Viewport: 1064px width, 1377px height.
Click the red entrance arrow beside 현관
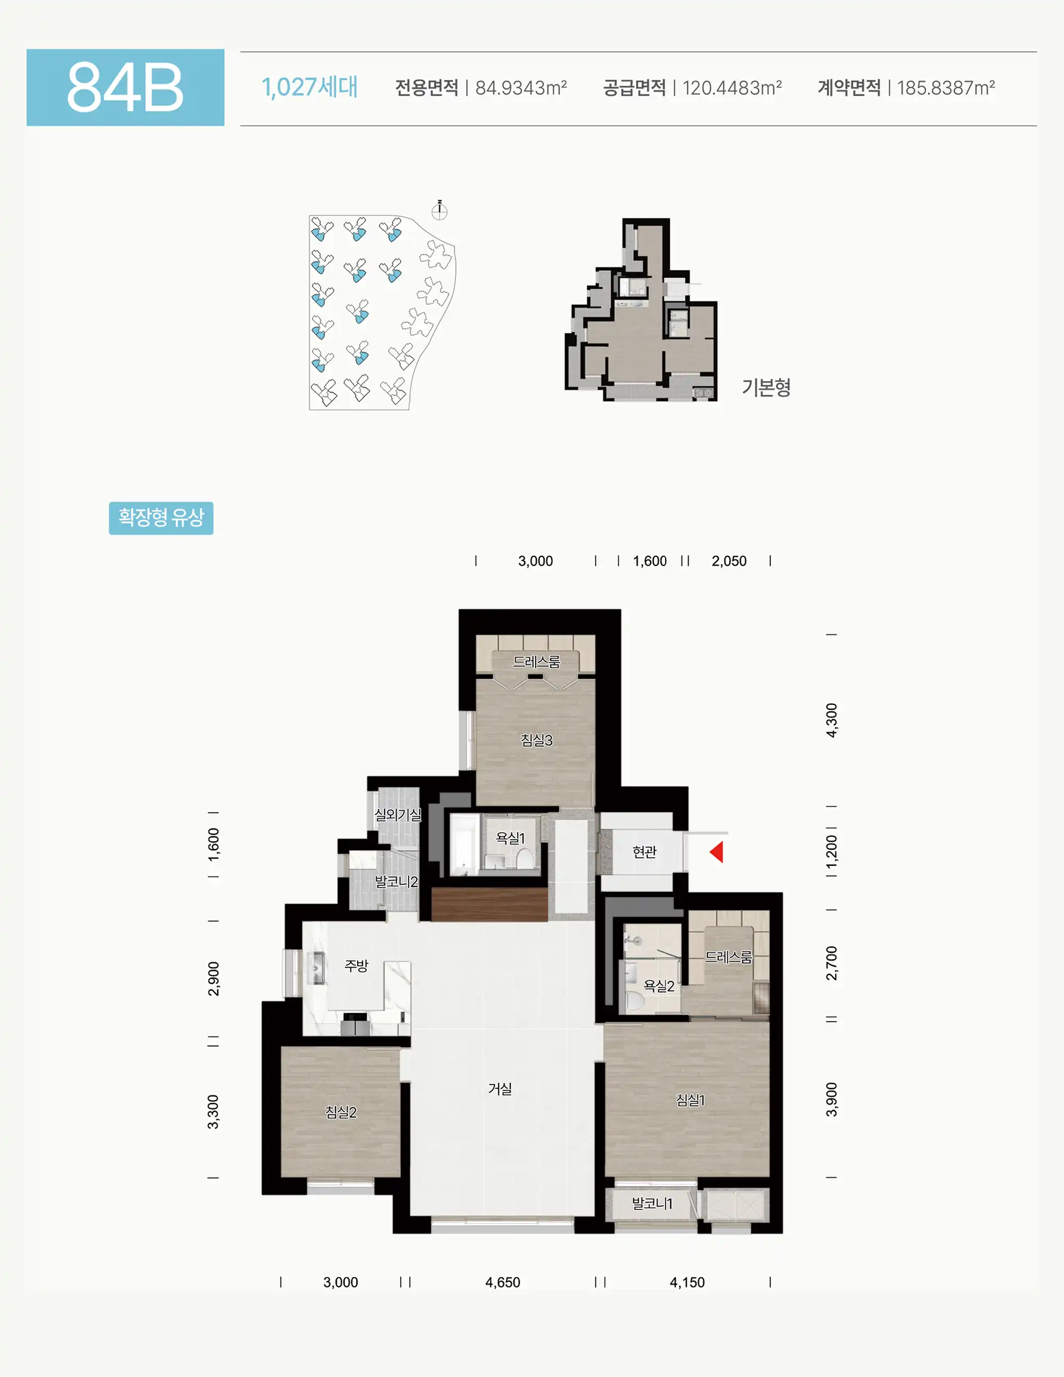(x=717, y=852)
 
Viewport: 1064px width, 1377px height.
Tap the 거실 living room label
(x=500, y=1088)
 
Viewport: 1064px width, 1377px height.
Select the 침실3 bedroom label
(x=536, y=740)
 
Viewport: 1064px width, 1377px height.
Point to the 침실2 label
(x=341, y=1112)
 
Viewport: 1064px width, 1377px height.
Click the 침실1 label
(x=690, y=1100)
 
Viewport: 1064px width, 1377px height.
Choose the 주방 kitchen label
(x=356, y=965)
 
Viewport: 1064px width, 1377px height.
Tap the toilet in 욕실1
(x=524, y=858)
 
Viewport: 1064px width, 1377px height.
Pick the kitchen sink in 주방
(x=317, y=968)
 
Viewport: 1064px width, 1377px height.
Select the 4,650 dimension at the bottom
(x=502, y=1282)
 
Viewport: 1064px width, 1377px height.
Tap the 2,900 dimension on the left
(x=214, y=978)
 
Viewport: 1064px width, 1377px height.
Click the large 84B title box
(x=126, y=87)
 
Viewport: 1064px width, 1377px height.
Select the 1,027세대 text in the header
(x=310, y=87)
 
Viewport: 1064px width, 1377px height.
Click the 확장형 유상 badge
(x=161, y=518)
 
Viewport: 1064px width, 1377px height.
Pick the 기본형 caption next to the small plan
(x=766, y=387)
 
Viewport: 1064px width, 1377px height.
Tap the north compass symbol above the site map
(x=439, y=211)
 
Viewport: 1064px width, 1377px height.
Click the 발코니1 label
(x=652, y=1204)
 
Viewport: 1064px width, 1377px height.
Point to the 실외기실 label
(x=398, y=814)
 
